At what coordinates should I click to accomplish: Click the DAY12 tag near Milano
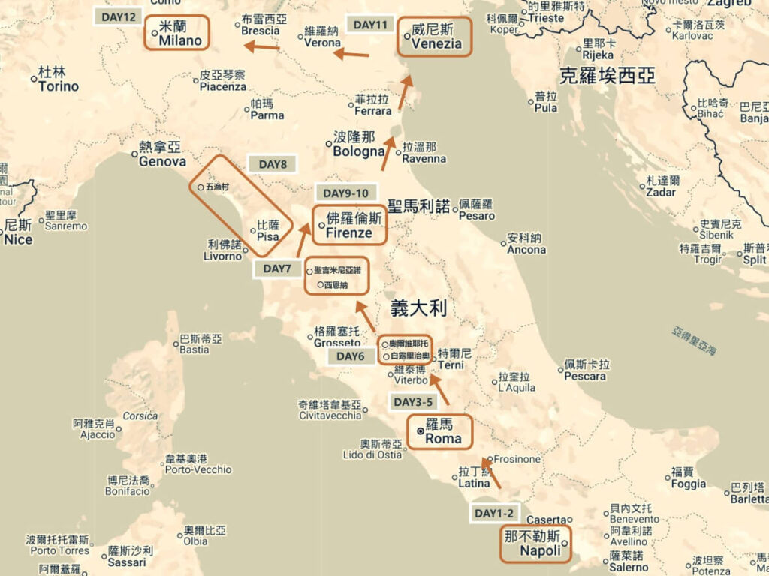118,16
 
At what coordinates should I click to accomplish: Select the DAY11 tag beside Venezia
370,25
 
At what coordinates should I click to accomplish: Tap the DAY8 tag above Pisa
273,164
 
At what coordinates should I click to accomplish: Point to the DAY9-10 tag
346,193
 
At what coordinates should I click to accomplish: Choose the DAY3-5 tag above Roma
413,401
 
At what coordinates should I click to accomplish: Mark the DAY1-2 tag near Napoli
495,514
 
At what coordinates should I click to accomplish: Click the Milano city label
180,40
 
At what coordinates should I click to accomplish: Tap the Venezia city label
436,43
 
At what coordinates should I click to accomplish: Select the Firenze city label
349,233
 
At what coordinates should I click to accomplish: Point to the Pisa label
268,236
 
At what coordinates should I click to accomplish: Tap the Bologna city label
359,151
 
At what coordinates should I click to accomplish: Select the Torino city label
59,86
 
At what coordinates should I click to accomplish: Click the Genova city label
162,161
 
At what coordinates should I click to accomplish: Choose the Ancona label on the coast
526,249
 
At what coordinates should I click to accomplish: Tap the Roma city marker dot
420,431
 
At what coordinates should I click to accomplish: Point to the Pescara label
584,376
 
